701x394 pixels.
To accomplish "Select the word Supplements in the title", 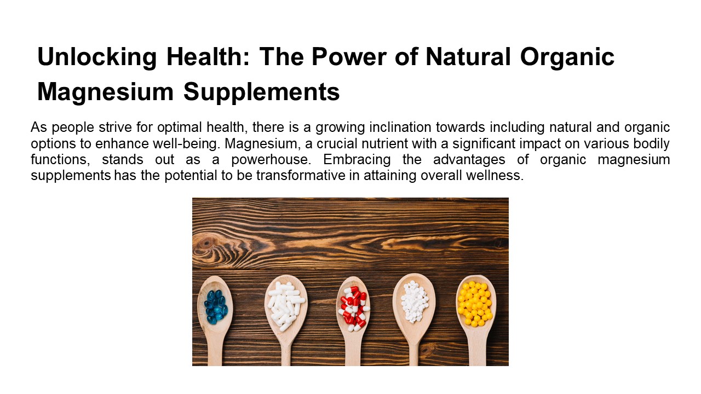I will coord(261,92).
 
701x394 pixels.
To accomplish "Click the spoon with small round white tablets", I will coord(414,302).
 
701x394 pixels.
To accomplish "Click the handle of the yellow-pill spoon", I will coord(476,350).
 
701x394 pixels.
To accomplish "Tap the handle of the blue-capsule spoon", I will coord(215,350).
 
